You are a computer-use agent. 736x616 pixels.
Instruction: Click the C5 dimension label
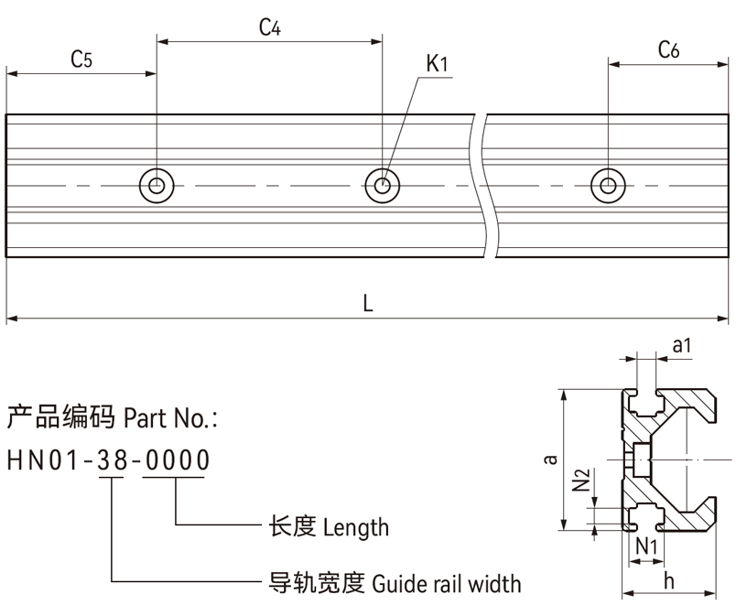[81, 60]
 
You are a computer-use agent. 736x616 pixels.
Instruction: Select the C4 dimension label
[269, 27]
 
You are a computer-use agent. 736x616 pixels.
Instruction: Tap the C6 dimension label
[667, 51]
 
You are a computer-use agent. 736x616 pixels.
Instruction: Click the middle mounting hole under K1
[383, 185]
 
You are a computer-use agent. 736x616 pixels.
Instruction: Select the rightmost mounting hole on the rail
[606, 185]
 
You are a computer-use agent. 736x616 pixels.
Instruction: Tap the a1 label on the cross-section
[681, 346]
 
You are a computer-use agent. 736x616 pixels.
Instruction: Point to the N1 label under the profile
[647, 546]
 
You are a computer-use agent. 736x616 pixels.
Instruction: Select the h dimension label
[668, 580]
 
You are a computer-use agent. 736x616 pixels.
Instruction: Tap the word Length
[356, 527]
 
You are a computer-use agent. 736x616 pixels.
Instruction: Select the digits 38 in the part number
[112, 461]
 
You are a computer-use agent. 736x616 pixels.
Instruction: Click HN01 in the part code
[41, 461]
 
